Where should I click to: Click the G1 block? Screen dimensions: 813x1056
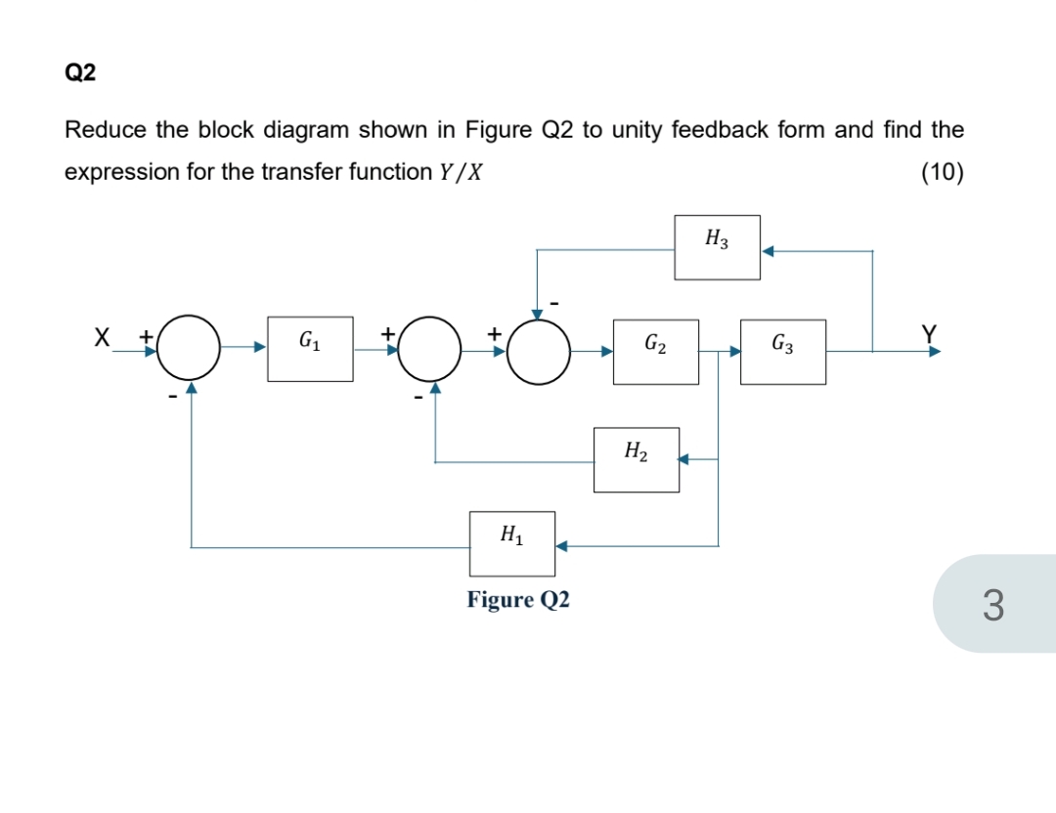click(310, 348)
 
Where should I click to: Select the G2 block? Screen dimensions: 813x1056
click(655, 351)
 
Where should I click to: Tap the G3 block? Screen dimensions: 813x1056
click(782, 351)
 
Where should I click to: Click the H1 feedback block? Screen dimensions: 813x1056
click(511, 542)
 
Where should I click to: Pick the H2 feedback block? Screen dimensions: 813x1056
click(637, 458)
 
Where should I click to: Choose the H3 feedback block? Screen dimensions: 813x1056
click(717, 246)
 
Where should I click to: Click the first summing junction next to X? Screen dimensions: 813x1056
click(190, 348)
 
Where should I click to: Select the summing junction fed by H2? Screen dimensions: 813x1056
click(429, 348)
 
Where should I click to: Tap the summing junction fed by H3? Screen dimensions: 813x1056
click(538, 349)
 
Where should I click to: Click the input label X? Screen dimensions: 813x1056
click(100, 338)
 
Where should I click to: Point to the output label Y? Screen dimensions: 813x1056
click(929, 336)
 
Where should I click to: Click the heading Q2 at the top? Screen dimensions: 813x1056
click(80, 73)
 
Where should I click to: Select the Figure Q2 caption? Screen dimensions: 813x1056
click(518, 599)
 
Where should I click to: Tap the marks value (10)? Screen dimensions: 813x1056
click(943, 173)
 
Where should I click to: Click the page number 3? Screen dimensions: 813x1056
click(991, 604)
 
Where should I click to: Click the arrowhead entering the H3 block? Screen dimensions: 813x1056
click(769, 251)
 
